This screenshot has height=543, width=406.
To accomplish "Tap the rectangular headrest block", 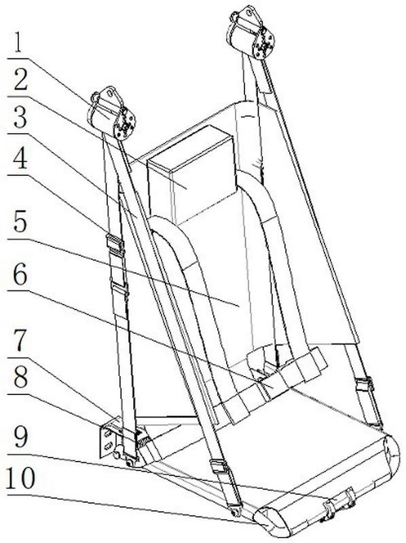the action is pyautogui.click(x=191, y=173).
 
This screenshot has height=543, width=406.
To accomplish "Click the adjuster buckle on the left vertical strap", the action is pyautogui.click(x=115, y=242).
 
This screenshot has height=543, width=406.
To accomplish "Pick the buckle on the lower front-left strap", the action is pyautogui.click(x=219, y=467).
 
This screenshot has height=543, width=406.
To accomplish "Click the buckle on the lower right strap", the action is pyautogui.click(x=365, y=384).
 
